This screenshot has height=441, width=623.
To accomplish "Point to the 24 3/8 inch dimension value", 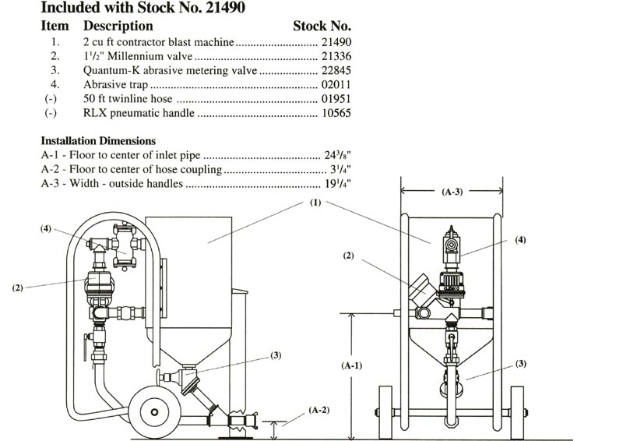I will (338, 155).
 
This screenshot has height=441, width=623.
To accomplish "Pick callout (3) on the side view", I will (275, 355).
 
